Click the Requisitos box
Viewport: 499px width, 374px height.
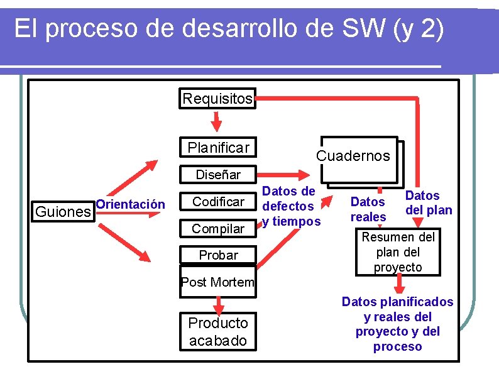pos(217,99)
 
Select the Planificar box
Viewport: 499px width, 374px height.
pos(217,148)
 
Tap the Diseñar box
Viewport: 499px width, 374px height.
pos(217,175)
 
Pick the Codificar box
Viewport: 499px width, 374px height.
pos(217,202)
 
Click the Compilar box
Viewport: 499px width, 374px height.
pos(217,229)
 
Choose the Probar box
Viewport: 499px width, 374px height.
pos(217,255)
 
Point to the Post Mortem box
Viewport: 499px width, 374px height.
pos(217,282)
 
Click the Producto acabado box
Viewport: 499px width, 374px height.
pos(218,331)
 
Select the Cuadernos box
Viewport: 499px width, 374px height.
pos(353,156)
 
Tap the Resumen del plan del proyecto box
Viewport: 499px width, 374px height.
pos(397,252)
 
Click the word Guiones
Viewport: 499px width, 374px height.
pos(63,211)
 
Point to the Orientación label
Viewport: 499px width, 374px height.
pos(131,204)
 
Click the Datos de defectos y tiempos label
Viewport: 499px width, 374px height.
pos(291,206)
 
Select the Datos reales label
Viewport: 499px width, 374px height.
pos(368,209)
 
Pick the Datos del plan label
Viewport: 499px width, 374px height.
pos(428,203)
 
